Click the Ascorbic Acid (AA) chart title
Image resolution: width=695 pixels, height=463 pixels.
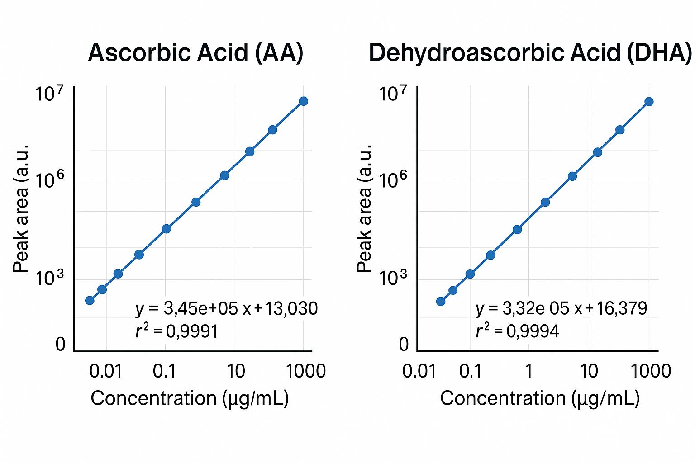[195, 53]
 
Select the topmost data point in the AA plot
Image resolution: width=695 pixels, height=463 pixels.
[304, 101]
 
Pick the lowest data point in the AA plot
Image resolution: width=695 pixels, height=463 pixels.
[90, 300]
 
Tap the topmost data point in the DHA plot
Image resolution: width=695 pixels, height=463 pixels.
[649, 101]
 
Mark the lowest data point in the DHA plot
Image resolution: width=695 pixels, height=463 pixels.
[441, 301]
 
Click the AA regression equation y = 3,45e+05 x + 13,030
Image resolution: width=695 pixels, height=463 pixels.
[226, 308]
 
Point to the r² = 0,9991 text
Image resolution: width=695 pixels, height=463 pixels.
[177, 331]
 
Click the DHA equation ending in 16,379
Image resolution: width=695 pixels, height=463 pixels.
[561, 308]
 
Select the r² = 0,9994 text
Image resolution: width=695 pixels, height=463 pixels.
[517, 331]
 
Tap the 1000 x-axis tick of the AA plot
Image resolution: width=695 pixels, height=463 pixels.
[306, 371]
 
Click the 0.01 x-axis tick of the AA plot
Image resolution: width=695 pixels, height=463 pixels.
[106, 371]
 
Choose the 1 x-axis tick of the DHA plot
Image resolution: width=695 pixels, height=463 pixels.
[528, 371]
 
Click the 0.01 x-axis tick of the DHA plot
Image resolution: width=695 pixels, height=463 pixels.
[419, 371]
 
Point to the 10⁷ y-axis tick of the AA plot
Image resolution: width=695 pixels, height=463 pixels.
[50, 95]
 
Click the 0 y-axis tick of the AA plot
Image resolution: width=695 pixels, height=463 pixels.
[60, 345]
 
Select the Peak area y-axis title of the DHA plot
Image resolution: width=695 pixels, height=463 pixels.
[364, 208]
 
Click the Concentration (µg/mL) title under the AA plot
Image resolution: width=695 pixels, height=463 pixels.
[190, 398]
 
